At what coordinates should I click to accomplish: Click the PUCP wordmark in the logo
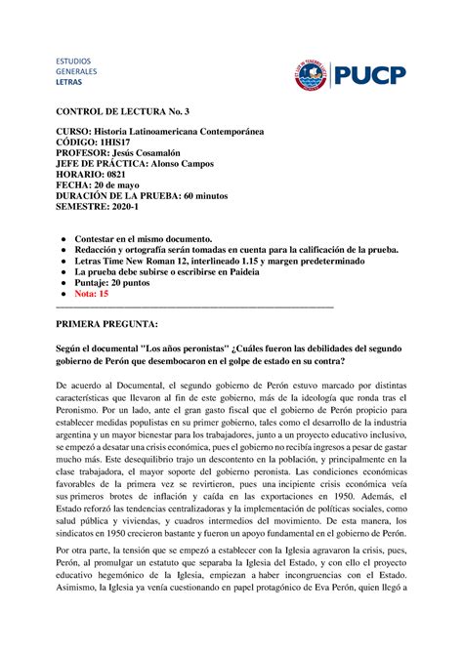[370, 74]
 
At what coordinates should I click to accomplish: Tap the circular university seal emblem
[312, 74]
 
